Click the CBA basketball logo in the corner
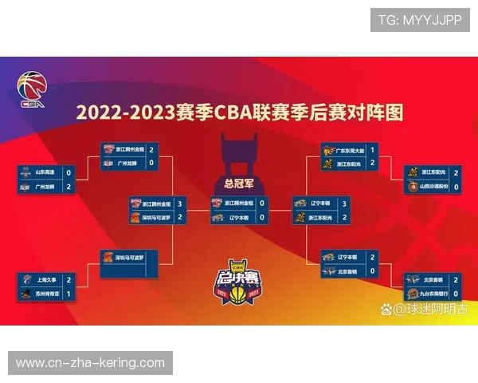pos(32,89)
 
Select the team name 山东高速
pos(47,172)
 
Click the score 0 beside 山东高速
pos(69,172)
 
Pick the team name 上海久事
pos(47,280)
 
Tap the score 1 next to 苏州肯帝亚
pos(69,294)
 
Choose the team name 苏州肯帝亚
pos(49,294)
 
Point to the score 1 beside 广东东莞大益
pos(372,149)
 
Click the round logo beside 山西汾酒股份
pos(412,186)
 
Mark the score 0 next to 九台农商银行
pos(456,294)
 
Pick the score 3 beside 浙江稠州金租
pos(180,203)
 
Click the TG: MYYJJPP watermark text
pos(419,20)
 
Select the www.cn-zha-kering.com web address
pos(90,362)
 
